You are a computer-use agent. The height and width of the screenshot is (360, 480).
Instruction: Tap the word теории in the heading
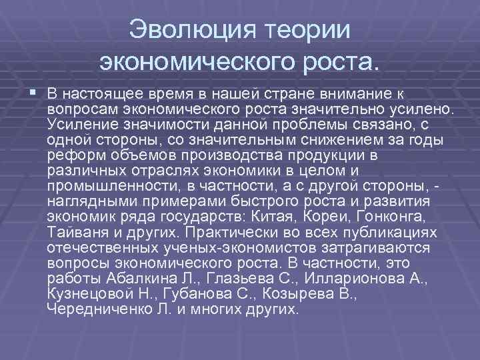click(x=308, y=30)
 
